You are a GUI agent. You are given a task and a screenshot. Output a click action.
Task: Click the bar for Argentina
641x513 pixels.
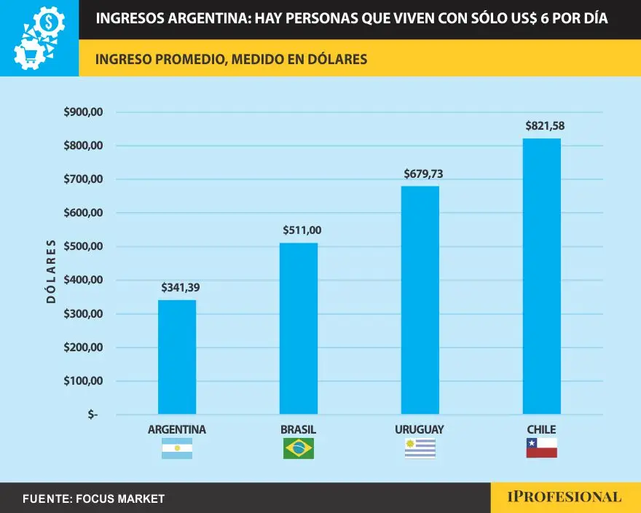[177, 357]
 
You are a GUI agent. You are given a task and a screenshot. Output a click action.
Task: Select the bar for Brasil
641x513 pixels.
[299, 328]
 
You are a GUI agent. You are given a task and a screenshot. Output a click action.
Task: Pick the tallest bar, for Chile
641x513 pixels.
[541, 277]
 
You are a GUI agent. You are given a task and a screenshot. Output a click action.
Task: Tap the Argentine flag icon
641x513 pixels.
[177, 449]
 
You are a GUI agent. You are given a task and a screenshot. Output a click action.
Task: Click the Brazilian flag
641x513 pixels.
[299, 449]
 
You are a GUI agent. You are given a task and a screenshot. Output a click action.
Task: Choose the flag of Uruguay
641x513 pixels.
[420, 449]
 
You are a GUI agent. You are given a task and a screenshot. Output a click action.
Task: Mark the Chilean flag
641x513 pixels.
[541, 449]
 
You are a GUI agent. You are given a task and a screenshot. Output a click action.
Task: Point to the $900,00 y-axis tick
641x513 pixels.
[84, 112]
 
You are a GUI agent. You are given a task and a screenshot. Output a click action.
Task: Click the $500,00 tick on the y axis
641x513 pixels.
[84, 247]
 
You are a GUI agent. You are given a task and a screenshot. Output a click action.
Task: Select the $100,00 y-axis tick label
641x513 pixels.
[84, 381]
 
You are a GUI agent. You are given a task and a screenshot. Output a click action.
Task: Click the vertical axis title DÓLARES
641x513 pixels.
[51, 270]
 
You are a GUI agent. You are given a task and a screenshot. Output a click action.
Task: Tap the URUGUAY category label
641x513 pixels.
[420, 429]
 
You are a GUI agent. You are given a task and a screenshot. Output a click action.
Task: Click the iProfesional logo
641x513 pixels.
[565, 498]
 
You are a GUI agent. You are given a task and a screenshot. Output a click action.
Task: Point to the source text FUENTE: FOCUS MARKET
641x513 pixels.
[93, 499]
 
